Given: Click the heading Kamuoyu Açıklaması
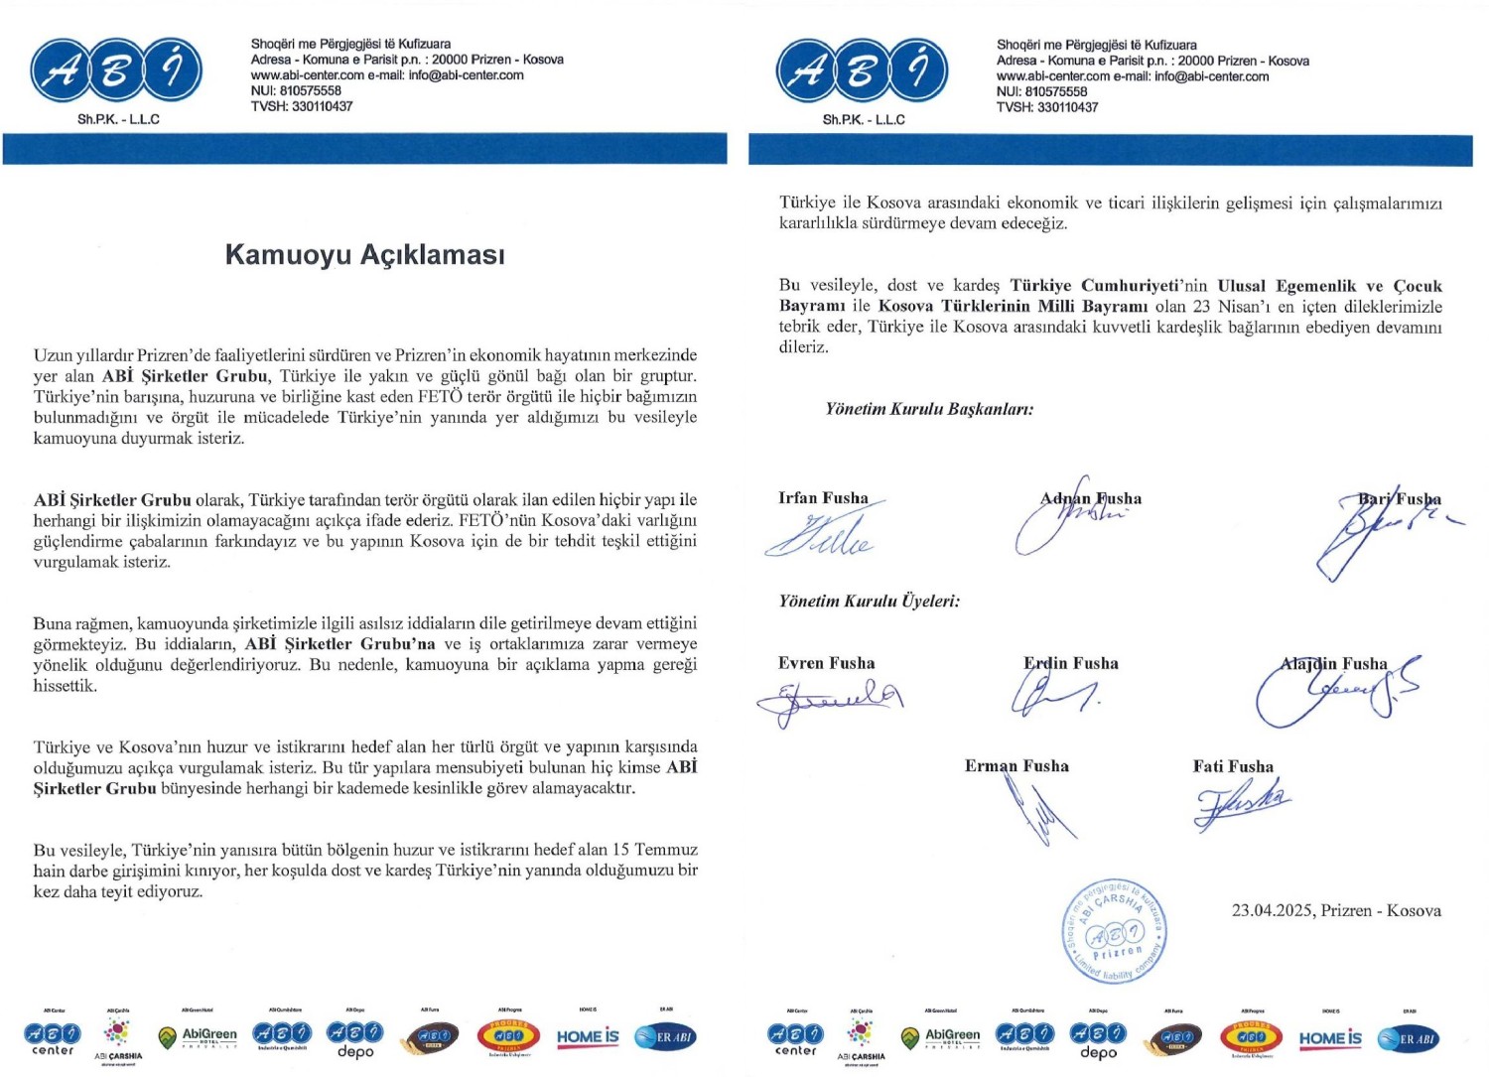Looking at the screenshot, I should pyautogui.click(x=364, y=255).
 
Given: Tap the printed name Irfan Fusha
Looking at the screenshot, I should pyautogui.click(x=823, y=497).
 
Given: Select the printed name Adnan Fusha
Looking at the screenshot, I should pyautogui.click(x=1091, y=498).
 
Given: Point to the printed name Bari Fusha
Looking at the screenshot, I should pyautogui.click(x=1400, y=498).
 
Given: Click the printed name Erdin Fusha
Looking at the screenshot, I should pyautogui.click(x=1071, y=663).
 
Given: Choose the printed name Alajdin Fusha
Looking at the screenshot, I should pyautogui.click(x=1333, y=663).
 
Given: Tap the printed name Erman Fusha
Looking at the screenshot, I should pyautogui.click(x=1016, y=765).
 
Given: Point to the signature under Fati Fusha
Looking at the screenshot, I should pyautogui.click(x=1241, y=804).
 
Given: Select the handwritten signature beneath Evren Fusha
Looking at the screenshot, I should pyautogui.click(x=829, y=701).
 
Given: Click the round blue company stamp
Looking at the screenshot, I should pyautogui.click(x=1115, y=932).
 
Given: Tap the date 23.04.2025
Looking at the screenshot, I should pyautogui.click(x=1276, y=910).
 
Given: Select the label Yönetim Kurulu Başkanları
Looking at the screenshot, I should pyautogui.click(x=929, y=409).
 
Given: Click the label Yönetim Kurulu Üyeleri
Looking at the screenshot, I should pyautogui.click(x=869, y=601).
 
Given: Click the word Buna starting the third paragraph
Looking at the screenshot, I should pyautogui.click(x=53, y=623).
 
